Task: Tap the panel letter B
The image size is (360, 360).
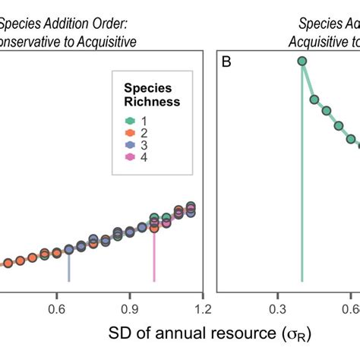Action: tap(226, 61)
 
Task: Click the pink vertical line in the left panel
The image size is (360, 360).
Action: tap(154, 258)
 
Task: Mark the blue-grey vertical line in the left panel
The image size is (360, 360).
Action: tap(69, 266)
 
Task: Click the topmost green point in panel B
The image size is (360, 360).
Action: tap(302, 62)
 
